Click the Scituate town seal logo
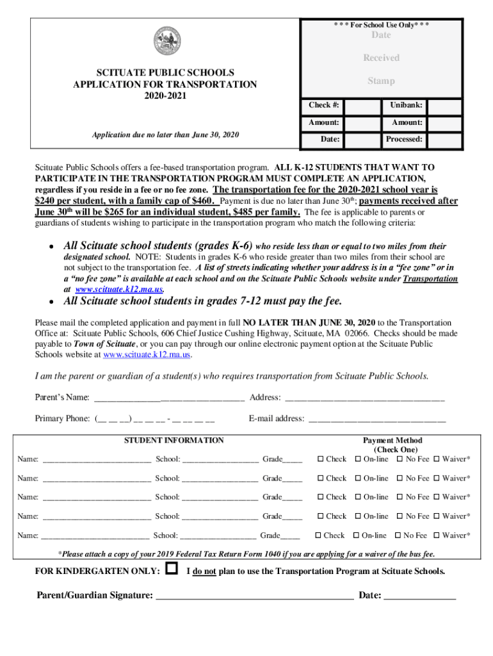166,42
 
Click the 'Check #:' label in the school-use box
324,105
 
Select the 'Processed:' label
403,139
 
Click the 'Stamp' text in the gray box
381,81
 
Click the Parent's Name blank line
169,398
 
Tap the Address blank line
364,398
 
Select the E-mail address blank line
377,420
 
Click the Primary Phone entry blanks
154,420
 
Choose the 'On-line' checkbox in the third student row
357,497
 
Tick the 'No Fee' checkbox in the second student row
400,479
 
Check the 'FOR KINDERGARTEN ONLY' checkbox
171,568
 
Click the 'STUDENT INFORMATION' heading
174,440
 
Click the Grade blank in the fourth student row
293,517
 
